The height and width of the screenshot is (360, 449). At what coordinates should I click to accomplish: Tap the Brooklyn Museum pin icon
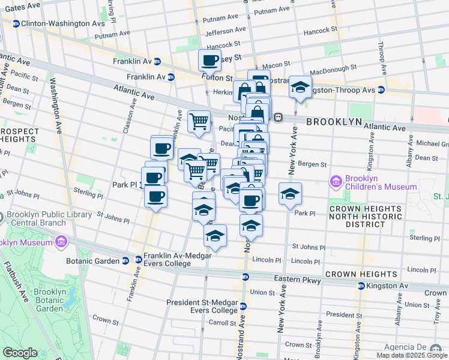(x=60, y=242)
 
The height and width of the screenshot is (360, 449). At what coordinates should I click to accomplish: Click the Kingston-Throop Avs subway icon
(x=381, y=90)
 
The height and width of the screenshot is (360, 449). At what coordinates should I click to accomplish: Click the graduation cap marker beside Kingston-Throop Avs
(x=300, y=88)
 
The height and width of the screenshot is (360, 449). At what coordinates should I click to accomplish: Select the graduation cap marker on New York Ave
(x=290, y=194)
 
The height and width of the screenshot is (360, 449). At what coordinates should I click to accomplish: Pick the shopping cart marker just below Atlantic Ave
(x=199, y=122)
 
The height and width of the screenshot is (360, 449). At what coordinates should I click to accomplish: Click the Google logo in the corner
(x=20, y=353)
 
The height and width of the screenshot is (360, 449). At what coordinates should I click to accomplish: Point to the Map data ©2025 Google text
(x=411, y=355)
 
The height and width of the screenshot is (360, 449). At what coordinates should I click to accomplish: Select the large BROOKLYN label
(x=334, y=121)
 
